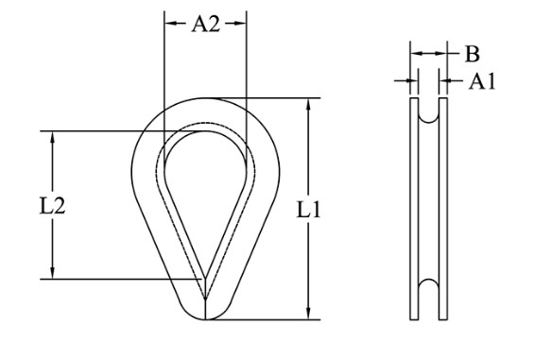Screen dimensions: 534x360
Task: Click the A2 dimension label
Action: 205,25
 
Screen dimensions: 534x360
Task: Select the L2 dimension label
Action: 52,206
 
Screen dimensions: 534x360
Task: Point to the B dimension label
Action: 473,54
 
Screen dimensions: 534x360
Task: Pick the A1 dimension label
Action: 482,81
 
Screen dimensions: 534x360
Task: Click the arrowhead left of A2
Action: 170,24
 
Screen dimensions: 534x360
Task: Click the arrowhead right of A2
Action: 240,24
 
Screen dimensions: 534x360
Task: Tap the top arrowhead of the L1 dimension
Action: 308,104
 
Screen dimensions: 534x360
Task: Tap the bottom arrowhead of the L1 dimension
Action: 308,314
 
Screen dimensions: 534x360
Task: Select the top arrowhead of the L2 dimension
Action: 52,137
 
